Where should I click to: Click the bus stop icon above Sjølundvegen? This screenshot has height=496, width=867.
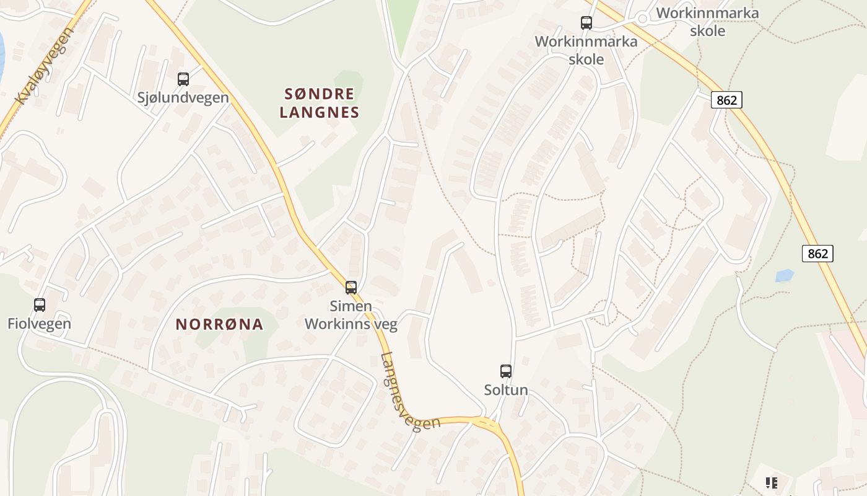183,79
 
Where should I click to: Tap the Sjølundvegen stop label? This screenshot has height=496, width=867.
183,97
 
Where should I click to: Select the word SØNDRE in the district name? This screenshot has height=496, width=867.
320,94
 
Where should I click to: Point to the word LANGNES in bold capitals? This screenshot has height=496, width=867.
320,112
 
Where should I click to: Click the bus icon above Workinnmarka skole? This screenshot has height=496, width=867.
586,23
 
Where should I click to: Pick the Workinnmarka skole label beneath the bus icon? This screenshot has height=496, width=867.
586,50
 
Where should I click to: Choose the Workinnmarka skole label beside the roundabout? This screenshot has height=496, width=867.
707,21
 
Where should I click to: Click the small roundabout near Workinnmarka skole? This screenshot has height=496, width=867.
642,19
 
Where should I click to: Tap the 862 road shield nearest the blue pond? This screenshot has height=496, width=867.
817,254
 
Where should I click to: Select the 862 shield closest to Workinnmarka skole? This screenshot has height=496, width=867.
726,100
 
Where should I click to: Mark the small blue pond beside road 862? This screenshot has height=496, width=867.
784,275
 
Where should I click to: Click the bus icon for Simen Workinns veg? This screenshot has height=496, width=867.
351,288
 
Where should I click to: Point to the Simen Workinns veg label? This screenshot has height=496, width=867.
351,315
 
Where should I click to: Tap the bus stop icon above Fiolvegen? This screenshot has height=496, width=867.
40,305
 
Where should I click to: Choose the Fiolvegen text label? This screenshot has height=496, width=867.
39,323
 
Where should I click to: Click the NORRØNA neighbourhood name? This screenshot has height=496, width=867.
219,324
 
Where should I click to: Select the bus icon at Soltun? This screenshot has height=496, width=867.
506,371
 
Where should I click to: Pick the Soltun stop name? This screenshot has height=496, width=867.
506,390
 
